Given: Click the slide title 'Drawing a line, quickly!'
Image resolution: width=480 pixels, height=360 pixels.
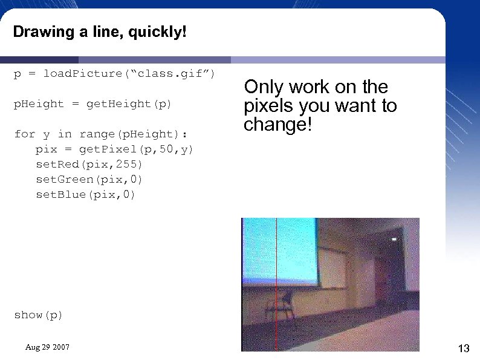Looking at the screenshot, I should [100, 31].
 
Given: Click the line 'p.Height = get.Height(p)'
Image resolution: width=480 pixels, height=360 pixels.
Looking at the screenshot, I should [92, 104].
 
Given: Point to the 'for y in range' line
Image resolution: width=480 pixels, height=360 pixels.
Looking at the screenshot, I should [100, 134].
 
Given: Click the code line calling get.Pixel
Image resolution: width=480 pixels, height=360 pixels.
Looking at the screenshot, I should [114, 149].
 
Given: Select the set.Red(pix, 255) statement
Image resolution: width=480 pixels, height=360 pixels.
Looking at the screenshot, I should [89, 165].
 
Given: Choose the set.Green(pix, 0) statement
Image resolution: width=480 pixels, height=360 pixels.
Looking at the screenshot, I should [89, 180].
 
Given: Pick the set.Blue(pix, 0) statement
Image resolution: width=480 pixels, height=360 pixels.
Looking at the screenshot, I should [85, 195].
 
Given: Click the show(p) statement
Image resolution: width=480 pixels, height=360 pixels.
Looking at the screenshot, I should [38, 315].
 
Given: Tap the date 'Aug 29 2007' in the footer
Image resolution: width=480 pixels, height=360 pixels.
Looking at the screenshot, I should [47, 347].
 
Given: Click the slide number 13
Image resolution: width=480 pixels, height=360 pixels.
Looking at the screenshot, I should [464, 348].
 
